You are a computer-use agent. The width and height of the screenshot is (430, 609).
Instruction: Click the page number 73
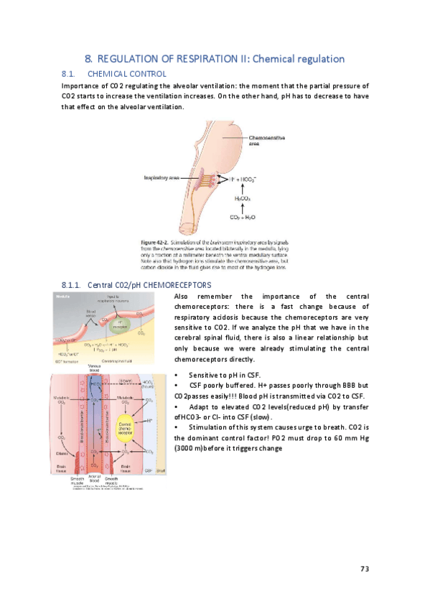coord(364,569)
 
